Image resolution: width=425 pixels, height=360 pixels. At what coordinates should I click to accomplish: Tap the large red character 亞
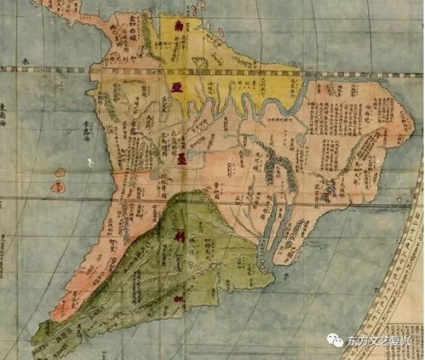178,88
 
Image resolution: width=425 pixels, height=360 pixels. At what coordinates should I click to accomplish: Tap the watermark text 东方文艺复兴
379,341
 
